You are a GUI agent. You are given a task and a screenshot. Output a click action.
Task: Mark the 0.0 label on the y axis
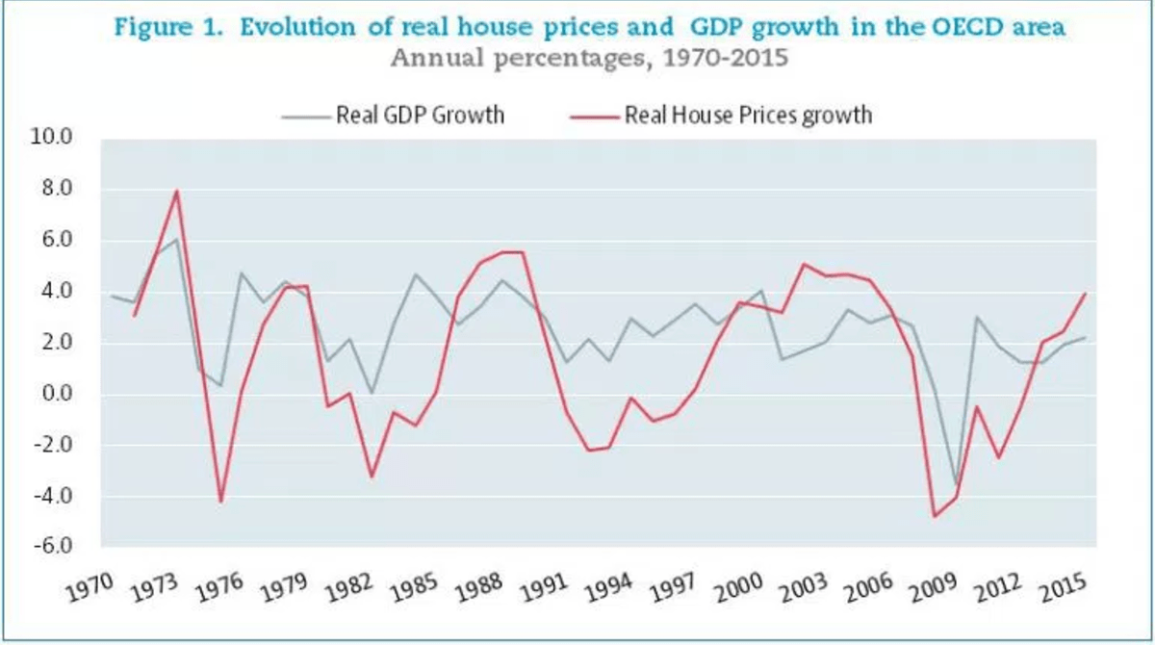[56, 394]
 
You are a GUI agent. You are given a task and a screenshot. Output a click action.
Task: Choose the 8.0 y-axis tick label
[56, 189]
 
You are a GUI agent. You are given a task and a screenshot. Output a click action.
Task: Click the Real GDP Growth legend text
[420, 116]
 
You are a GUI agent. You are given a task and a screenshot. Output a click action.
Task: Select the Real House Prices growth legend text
[748, 116]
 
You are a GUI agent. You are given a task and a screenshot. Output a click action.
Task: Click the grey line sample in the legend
[306, 116]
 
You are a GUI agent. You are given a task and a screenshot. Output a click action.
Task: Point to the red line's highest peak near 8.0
[177, 191]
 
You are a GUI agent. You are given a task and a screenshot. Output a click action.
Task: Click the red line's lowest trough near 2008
[934, 517]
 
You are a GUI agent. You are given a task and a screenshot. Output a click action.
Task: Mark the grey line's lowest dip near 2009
[956, 484]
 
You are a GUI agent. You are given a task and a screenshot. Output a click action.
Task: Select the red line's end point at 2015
[1086, 294]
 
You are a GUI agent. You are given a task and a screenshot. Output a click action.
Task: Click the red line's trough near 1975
[221, 502]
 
